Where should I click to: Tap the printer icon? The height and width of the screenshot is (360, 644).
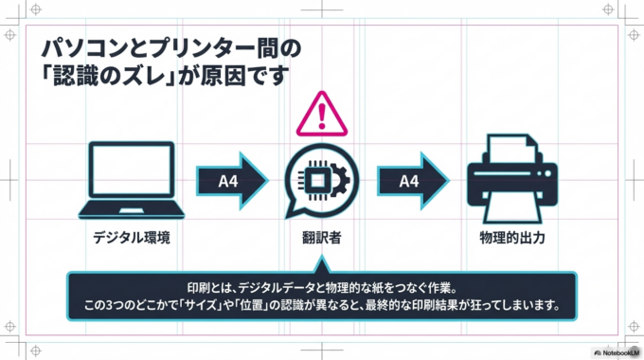click(511, 176)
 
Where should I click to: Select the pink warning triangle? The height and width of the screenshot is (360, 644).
click(323, 117)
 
